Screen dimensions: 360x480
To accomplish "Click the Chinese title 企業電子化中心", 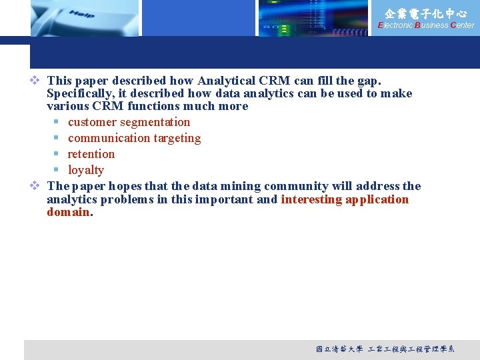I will coord(425,13).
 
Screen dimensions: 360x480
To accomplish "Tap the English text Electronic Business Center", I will coord(425,25).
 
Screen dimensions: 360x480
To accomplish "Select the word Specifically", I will coord(81,93).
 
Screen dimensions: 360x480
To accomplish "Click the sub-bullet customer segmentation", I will coord(129,122).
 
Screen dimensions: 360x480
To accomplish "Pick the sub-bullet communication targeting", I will coord(134,138).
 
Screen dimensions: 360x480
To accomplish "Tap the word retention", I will coord(91,154).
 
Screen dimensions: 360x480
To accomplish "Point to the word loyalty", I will coord(86,170).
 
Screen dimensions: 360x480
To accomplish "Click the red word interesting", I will coord(311,199).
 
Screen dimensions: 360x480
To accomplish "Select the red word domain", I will coord(67,212).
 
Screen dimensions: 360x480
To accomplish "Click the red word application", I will coord(377,199).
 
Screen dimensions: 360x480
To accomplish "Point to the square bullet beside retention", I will coord(57,155).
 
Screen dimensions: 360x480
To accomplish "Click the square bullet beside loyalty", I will coord(57,171).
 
